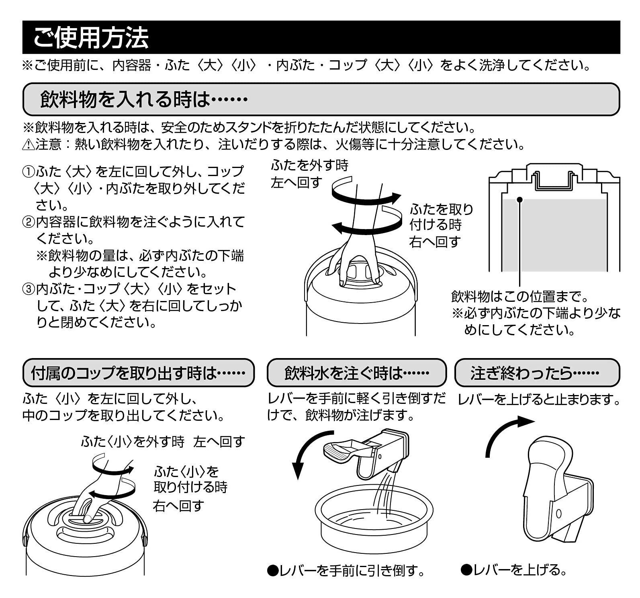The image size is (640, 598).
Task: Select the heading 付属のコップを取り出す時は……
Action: pos(138,373)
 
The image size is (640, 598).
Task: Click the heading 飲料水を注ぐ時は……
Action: pos(356,373)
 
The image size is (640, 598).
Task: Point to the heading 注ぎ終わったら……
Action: pos(537,373)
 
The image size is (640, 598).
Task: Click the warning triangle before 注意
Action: pos(28,145)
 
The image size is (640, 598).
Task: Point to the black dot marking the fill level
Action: pos(519,199)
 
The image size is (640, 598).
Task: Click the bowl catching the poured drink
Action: pos(374,518)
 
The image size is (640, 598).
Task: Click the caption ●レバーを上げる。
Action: pos(514,570)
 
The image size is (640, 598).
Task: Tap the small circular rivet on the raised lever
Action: pos(558,513)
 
